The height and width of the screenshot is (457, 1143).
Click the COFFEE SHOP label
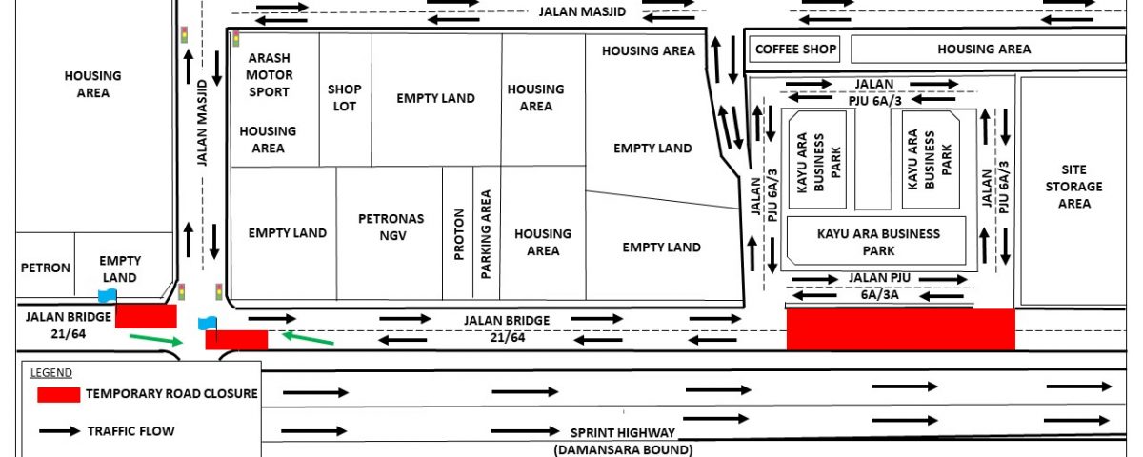tap(795, 49)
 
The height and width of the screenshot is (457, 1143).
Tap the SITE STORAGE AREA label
tap(1073, 187)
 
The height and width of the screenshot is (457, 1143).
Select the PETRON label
tap(46, 268)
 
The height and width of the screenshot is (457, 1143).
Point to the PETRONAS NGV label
tap(391, 227)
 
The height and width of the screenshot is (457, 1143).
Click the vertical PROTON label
tap(459, 234)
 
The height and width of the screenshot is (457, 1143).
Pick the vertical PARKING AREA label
tap(486, 234)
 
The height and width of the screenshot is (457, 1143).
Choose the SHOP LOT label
tap(345, 97)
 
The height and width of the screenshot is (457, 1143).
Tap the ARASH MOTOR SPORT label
tap(269, 75)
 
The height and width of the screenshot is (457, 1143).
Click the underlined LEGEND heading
tap(51, 373)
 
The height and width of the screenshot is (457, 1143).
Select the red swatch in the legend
tap(59, 395)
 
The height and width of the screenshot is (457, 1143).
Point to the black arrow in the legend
tap(60, 431)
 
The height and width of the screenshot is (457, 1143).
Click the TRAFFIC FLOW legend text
tap(131, 431)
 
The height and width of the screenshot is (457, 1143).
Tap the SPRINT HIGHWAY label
tap(623, 432)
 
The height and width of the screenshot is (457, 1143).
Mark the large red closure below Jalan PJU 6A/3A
tap(901, 329)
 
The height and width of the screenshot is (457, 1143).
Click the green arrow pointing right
tap(156, 340)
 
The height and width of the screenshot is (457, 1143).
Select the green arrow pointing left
tap(308, 338)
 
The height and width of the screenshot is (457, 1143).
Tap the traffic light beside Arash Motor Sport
tap(236, 39)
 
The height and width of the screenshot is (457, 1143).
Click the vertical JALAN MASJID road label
tap(202, 123)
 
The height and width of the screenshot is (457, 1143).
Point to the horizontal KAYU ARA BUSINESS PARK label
tap(878, 242)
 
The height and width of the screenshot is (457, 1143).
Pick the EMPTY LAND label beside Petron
tap(119, 268)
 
